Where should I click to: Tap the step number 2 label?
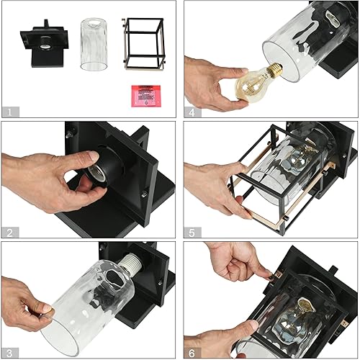click(9, 232)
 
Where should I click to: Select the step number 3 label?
click(9, 352)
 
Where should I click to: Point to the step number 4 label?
click(192, 112)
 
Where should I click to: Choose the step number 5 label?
click(192, 232)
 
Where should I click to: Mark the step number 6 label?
click(192, 352)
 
